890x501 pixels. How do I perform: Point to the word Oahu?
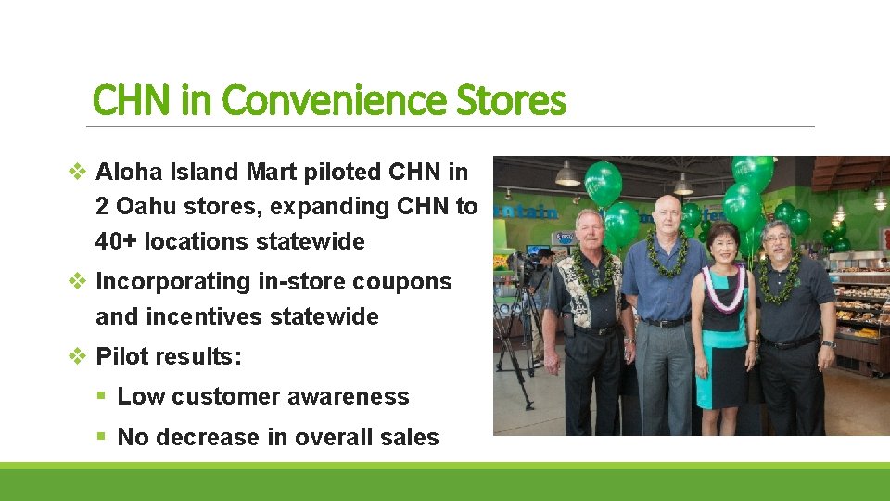coord(146,206)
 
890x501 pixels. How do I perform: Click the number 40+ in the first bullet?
coord(116,241)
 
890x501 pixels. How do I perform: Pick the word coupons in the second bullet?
coord(408,281)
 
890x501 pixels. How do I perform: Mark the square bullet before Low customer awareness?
coord(103,397)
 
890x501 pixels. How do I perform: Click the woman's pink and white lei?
coord(722,286)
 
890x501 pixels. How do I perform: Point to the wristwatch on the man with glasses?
coord(827,344)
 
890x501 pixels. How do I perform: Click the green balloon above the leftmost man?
coord(603,183)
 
